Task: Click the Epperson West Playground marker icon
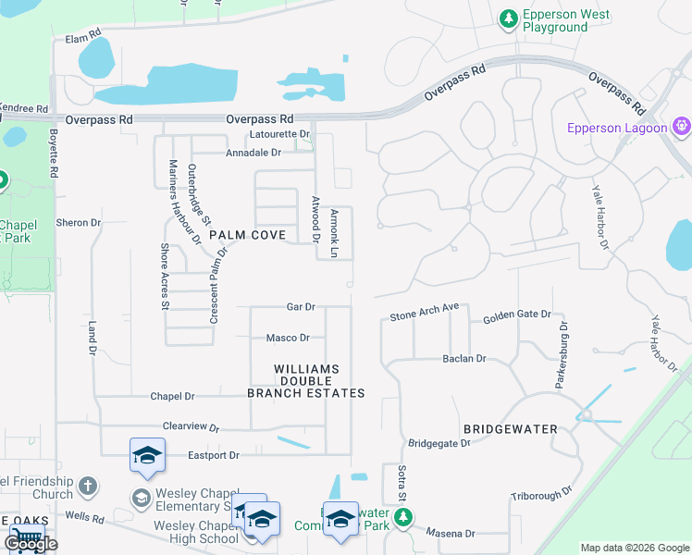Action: [x=508, y=18]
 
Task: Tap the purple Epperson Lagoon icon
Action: [x=683, y=125]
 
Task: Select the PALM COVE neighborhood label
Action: [x=247, y=235]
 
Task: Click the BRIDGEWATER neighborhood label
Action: [x=511, y=429]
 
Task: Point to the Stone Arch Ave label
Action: [x=425, y=315]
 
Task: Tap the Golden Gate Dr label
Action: [x=516, y=316]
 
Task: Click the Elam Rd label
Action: [x=82, y=39]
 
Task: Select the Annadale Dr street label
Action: [x=253, y=153]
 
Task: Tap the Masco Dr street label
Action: [x=287, y=339]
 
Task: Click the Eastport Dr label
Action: [x=214, y=455]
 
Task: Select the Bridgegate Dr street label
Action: [x=439, y=443]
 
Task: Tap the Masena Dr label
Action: [x=450, y=534]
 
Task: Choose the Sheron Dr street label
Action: [x=78, y=223]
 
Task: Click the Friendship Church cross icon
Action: [x=87, y=486]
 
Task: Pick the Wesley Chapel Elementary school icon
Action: [x=141, y=499]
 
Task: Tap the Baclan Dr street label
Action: [x=463, y=358]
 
